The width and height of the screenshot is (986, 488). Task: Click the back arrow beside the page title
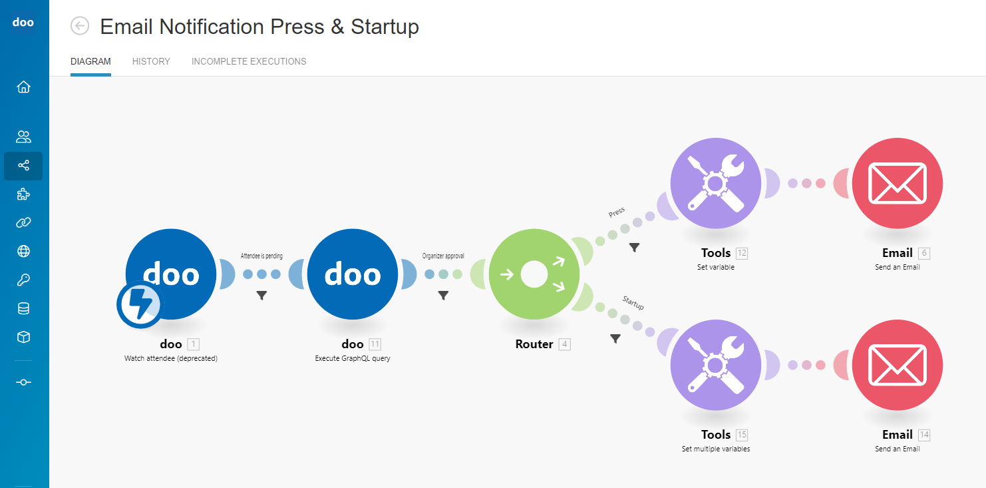pyautogui.click(x=80, y=26)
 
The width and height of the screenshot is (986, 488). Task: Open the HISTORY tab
pyautogui.click(x=151, y=61)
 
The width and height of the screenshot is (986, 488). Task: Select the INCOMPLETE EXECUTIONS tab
pyautogui.click(x=249, y=61)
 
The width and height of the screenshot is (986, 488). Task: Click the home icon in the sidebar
pyautogui.click(x=23, y=87)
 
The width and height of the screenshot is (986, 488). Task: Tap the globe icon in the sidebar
pyautogui.click(x=23, y=251)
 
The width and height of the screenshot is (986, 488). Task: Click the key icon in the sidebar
pyautogui.click(x=23, y=280)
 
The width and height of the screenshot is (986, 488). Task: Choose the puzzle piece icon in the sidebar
pyautogui.click(x=23, y=194)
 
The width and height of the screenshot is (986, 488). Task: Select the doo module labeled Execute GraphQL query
pyautogui.click(x=353, y=274)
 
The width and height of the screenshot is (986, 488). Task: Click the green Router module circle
pyautogui.click(x=534, y=274)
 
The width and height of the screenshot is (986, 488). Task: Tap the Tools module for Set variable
pyautogui.click(x=715, y=183)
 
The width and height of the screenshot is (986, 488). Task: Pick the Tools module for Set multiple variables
pyautogui.click(x=715, y=365)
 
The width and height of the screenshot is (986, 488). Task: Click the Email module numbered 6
pyautogui.click(x=897, y=183)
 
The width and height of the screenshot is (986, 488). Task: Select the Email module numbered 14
pyautogui.click(x=897, y=365)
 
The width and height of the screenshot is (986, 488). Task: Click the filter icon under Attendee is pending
pyautogui.click(x=261, y=296)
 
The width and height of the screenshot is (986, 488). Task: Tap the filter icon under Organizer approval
pyautogui.click(x=443, y=296)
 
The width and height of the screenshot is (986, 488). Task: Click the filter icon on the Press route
pyautogui.click(x=635, y=248)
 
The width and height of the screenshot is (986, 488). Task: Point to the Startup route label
pyautogui.click(x=633, y=303)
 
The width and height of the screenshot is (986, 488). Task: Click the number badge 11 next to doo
pyautogui.click(x=375, y=344)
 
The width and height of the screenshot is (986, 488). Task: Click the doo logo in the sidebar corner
pyautogui.click(x=23, y=23)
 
